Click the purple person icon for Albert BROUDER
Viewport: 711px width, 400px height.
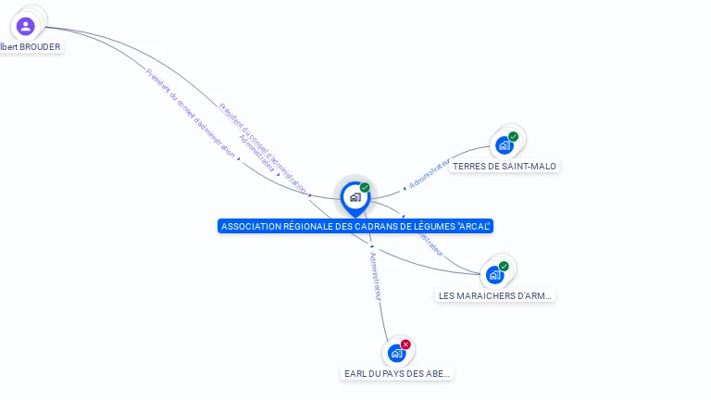(25, 26)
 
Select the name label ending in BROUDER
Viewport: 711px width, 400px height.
(31, 46)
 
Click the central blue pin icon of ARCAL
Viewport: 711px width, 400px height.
(355, 197)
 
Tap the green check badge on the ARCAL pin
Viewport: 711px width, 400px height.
(365, 188)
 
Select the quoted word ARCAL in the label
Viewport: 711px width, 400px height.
(472, 226)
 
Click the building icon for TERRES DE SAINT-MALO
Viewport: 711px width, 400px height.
(504, 145)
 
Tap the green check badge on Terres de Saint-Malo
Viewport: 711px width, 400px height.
(513, 137)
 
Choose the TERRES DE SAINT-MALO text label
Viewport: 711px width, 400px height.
(505, 167)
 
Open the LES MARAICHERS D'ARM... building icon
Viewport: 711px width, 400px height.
(494, 275)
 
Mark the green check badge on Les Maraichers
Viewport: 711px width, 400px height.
(504, 267)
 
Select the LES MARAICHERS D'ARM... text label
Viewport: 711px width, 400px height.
(495, 296)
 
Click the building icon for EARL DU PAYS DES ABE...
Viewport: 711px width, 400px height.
(396, 353)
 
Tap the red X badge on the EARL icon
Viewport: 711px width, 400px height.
(405, 344)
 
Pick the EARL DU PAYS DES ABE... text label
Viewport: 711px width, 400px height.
(397, 374)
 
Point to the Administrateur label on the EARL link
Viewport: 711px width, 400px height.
(375, 275)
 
